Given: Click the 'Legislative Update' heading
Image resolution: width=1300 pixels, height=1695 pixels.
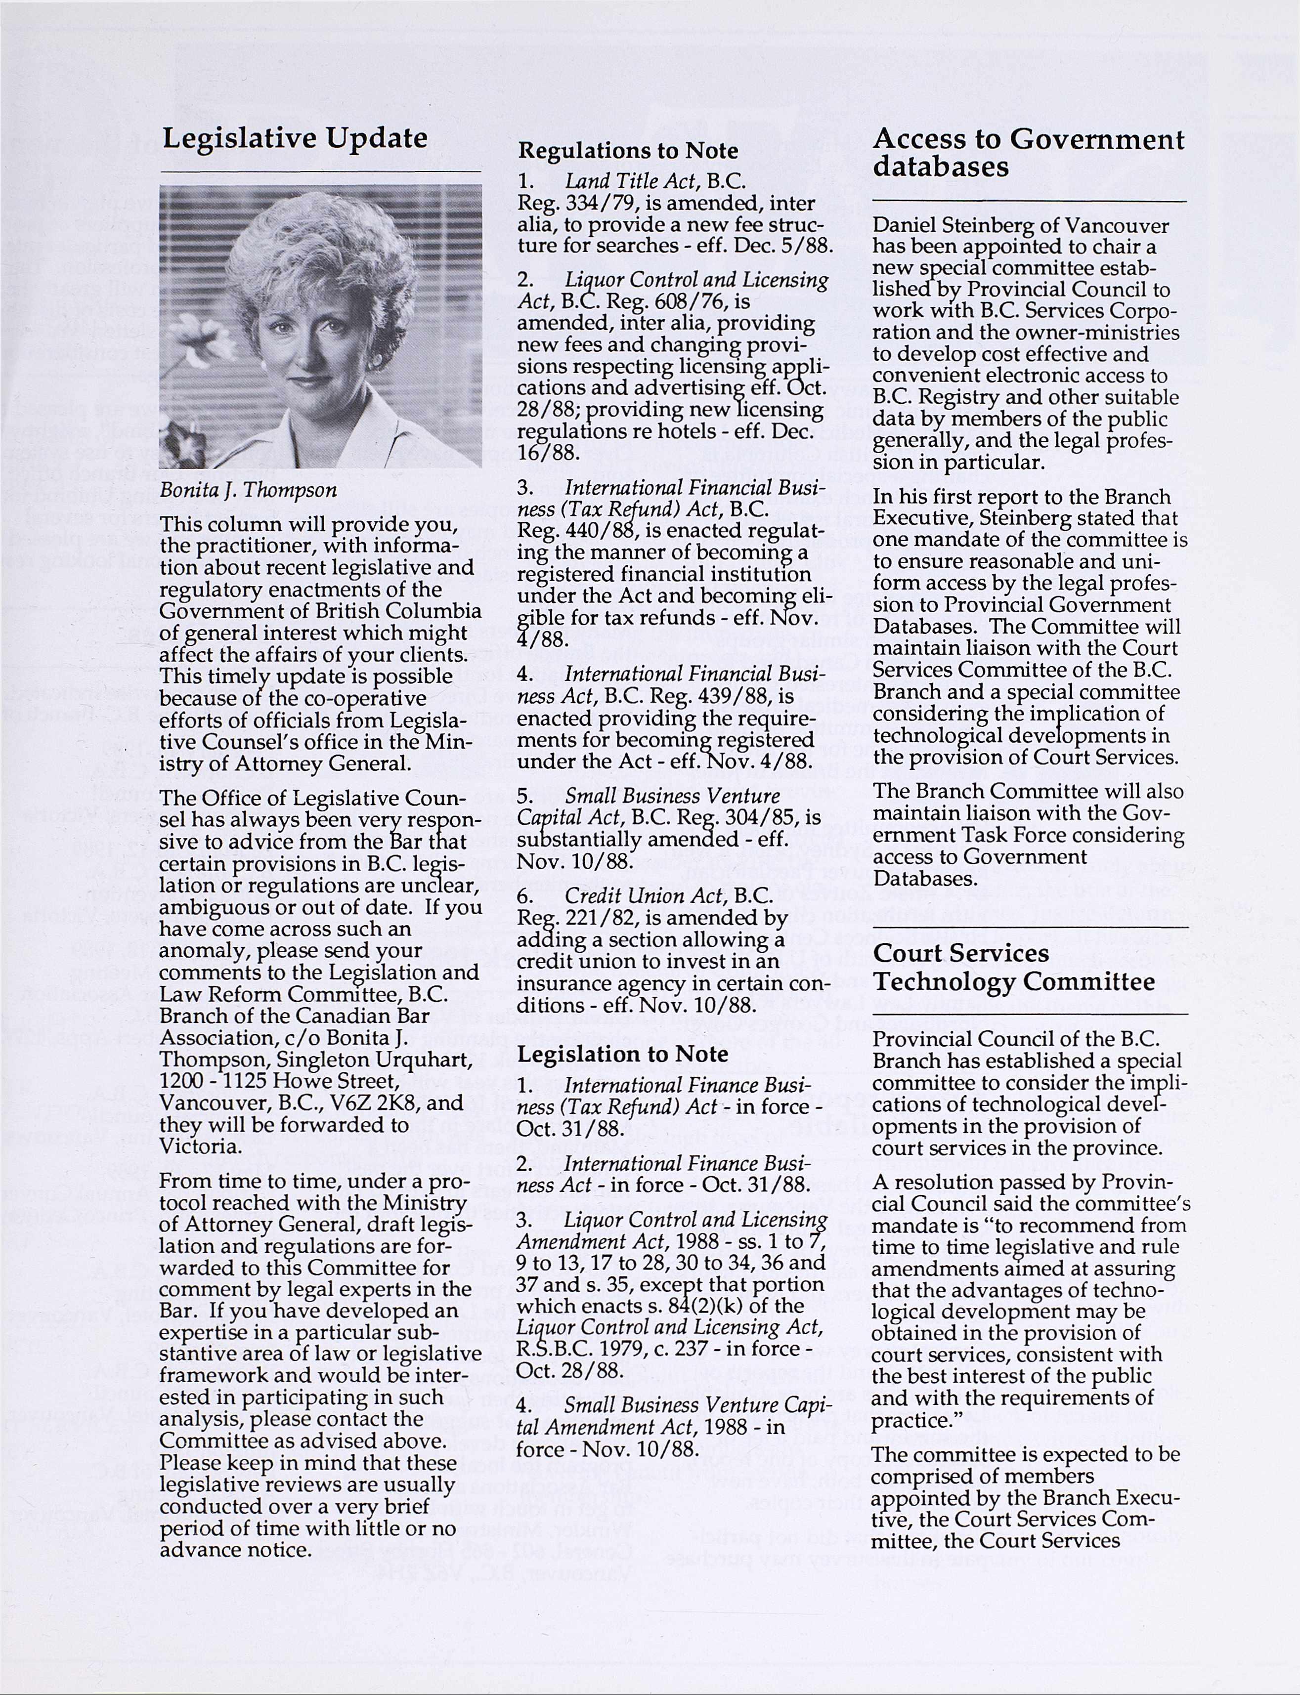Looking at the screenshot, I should [x=294, y=138].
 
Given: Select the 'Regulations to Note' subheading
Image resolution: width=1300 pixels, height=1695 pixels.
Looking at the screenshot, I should [x=628, y=150].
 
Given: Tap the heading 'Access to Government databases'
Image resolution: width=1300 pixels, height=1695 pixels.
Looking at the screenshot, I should [x=1028, y=153].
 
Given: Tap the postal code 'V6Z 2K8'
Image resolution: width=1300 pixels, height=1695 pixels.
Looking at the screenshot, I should [x=375, y=1102].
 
